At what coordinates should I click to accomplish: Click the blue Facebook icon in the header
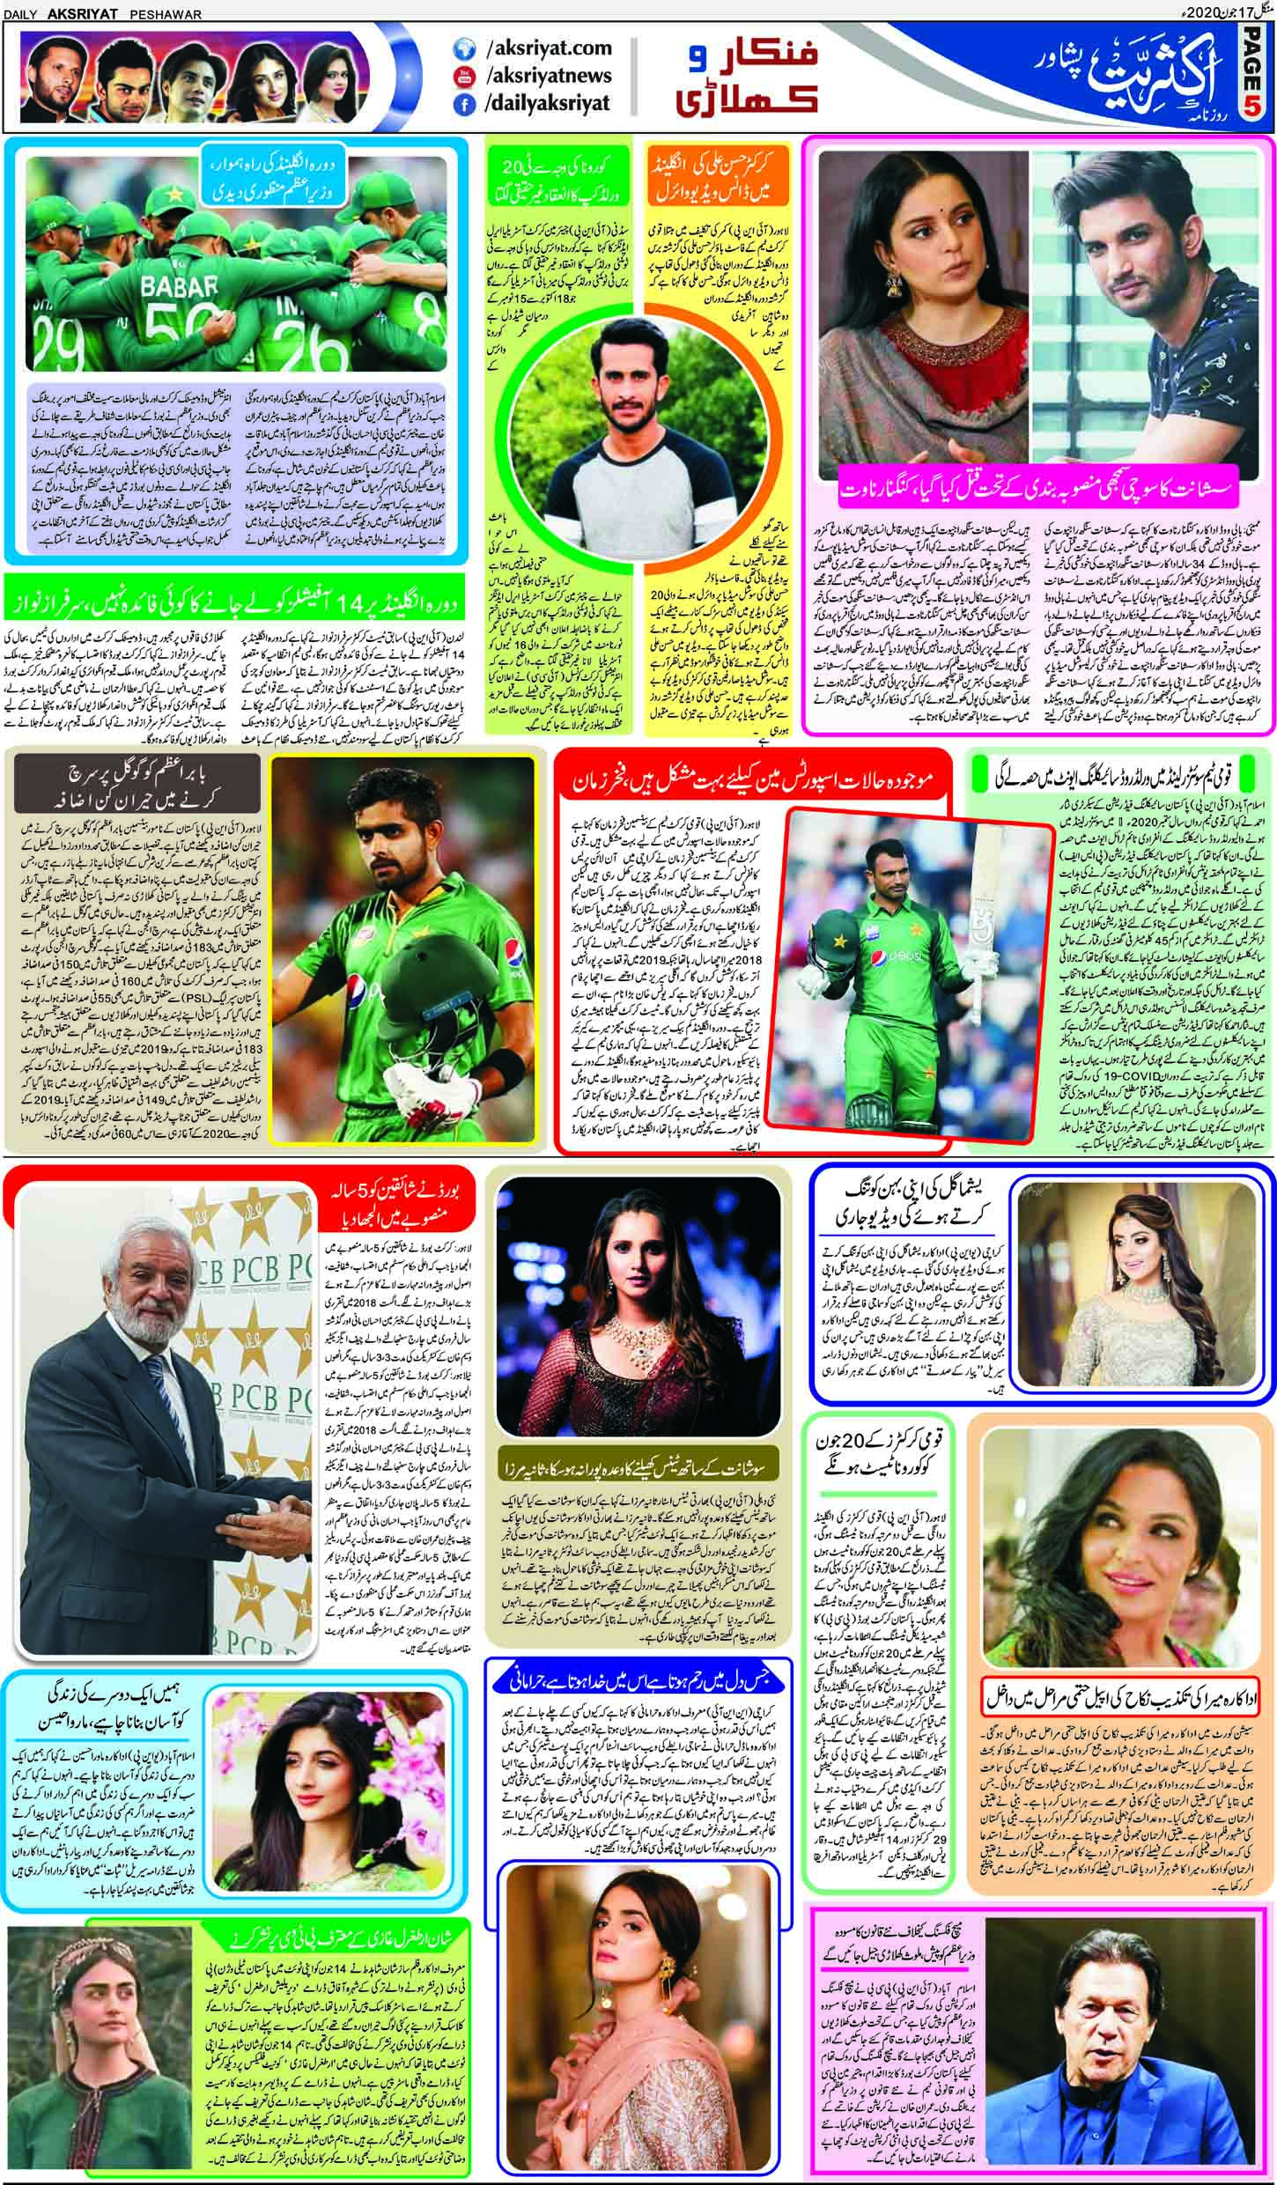point(460,103)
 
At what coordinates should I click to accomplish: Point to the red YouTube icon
point(460,76)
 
